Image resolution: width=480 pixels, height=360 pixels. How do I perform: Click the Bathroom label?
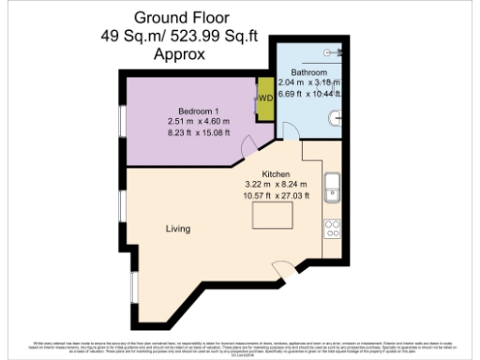coord(307,72)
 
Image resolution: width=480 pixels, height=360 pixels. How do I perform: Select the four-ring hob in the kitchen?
coord(333,227)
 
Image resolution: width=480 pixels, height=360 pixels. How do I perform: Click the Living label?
coord(178,228)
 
